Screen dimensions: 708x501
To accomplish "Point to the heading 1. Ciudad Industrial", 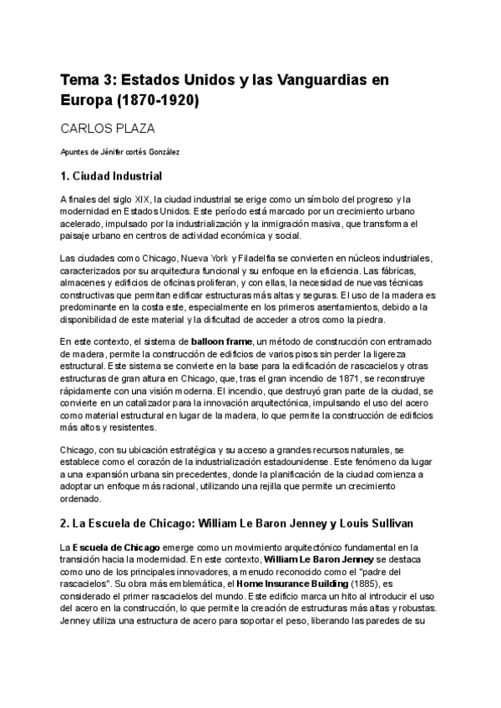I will point(111,176).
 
